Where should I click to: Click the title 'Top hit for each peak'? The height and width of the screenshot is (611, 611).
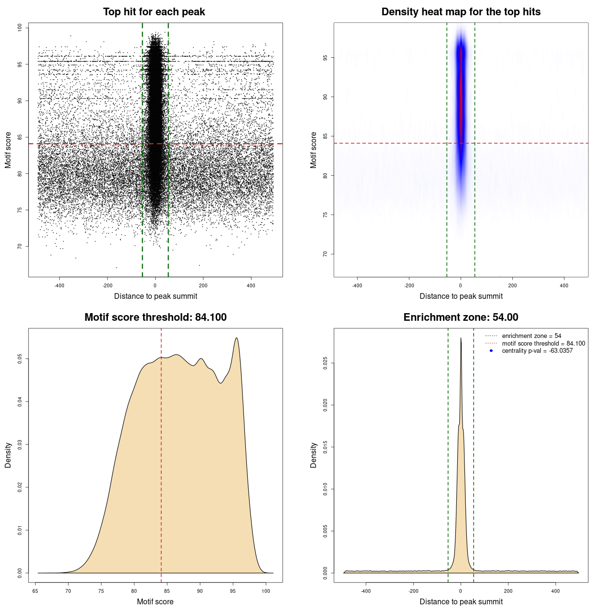click(x=154, y=12)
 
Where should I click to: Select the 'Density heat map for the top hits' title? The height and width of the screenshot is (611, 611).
click(x=461, y=12)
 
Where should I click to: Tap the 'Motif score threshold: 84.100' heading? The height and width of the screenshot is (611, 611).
click(x=155, y=317)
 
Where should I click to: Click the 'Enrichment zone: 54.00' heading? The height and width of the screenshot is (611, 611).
click(x=461, y=317)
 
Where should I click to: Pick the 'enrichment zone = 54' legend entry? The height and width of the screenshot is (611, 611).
click(x=531, y=336)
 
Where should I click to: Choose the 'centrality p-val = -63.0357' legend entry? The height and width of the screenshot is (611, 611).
click(x=537, y=351)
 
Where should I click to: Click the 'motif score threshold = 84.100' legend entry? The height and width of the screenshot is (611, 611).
click(x=543, y=344)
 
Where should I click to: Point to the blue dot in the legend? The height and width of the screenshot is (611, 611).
click(x=491, y=351)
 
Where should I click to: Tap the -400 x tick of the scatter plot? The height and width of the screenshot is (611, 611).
click(x=59, y=285)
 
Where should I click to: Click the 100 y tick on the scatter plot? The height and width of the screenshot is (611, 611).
click(x=20, y=28)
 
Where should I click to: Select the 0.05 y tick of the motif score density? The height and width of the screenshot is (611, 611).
click(x=20, y=358)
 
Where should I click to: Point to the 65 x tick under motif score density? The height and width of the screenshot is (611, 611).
click(x=35, y=591)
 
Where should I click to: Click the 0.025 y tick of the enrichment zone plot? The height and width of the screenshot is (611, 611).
click(x=326, y=363)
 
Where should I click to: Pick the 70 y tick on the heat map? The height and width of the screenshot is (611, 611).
click(x=326, y=254)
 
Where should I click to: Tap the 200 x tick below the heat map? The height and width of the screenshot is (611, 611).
click(x=512, y=285)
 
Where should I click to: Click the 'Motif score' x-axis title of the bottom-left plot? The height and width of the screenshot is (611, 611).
click(x=155, y=601)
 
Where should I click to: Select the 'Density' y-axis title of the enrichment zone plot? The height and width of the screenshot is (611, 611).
click(x=314, y=455)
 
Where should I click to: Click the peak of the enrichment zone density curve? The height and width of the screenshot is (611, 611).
click(x=461, y=338)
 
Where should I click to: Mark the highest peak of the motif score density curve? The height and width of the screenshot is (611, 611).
click(x=236, y=338)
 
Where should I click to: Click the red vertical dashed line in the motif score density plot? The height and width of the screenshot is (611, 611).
click(x=161, y=453)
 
